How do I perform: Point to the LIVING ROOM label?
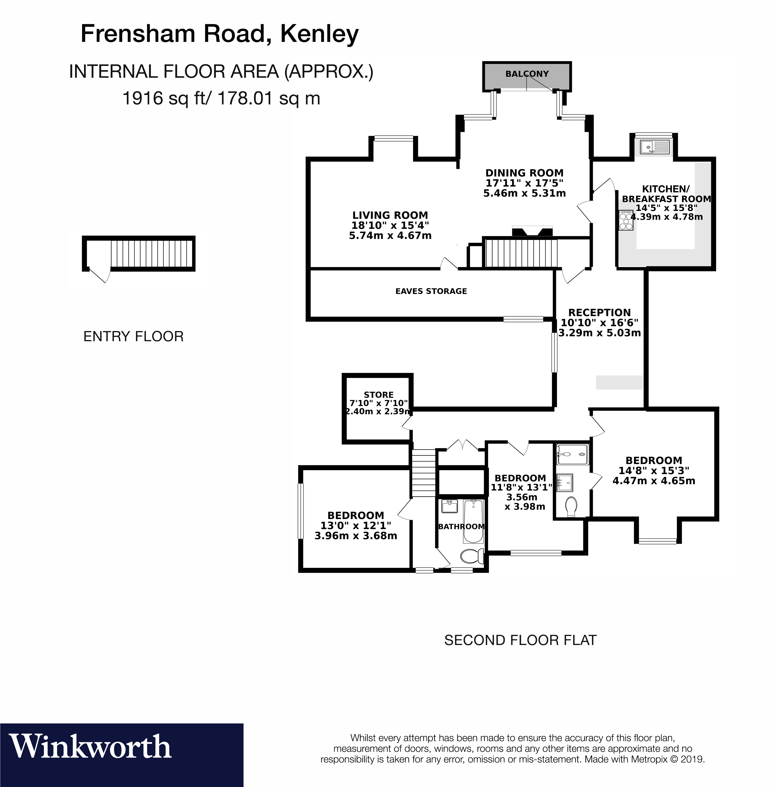[390, 215]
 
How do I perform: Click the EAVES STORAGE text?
[431, 291]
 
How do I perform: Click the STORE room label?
[379, 395]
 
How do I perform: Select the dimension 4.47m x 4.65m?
[654, 481]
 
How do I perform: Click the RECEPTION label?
[599, 313]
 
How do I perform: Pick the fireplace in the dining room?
[532, 231]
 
